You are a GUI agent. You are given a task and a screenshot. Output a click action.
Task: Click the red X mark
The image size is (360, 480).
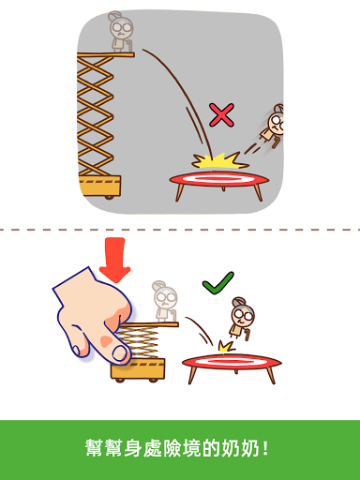click(x=221, y=115)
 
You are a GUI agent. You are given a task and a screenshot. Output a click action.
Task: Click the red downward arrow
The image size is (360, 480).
click(x=114, y=261)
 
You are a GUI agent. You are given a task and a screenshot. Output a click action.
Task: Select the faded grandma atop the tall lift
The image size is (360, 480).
click(x=121, y=32)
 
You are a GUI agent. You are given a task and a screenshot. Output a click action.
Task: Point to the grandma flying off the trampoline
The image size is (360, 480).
click(x=273, y=126)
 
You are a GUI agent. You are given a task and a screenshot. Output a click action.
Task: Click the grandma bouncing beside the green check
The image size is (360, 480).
click(x=242, y=319)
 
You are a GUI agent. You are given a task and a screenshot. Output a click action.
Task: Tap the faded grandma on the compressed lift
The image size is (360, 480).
click(x=165, y=301)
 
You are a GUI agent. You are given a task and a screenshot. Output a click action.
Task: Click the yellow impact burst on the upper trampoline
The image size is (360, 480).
click(x=218, y=160)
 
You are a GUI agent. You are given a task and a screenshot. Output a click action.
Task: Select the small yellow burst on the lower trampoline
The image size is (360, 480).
click(x=226, y=346)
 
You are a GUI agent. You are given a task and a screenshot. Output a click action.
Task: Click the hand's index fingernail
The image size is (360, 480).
click(x=120, y=354)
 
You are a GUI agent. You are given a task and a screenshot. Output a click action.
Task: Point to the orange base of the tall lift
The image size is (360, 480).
click(x=99, y=186)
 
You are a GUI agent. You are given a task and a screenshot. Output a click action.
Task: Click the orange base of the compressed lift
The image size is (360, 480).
click(x=138, y=368)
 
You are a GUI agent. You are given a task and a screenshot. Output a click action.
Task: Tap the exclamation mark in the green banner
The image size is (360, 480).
click(x=265, y=448)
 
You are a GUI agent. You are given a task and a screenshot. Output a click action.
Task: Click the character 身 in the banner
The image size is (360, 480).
click(x=133, y=448)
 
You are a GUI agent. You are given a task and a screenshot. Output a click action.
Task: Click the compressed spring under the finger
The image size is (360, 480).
click(x=138, y=342)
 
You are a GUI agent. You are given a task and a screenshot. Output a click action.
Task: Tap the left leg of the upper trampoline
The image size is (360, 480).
click(x=180, y=191)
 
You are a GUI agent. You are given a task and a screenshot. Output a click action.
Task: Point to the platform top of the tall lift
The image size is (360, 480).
click(x=106, y=55)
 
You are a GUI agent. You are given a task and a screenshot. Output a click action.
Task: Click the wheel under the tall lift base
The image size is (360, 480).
click(x=109, y=197)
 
